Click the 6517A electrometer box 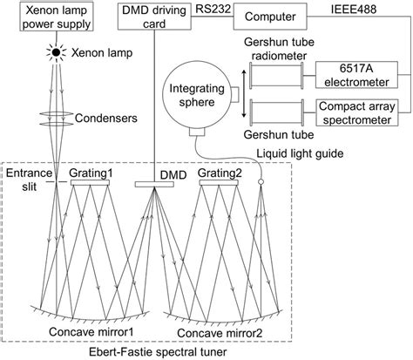pyautogui.click(x=349, y=73)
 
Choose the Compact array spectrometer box pyautogui.click(x=349, y=112)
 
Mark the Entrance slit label pyautogui.click(x=24, y=182)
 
